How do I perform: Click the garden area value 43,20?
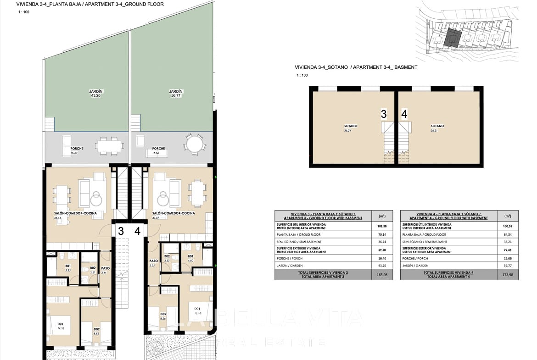click(x=95, y=96)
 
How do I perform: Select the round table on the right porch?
click(x=195, y=144)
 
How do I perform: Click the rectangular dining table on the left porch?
click(x=109, y=146)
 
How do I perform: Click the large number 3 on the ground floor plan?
click(x=121, y=231)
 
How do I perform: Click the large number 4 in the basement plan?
click(x=404, y=114)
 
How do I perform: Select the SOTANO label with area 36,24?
click(x=351, y=126)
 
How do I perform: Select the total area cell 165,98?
click(x=381, y=274)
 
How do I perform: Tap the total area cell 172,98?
click(x=507, y=274)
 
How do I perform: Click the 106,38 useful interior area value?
click(x=381, y=226)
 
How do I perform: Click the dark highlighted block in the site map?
click(x=453, y=38)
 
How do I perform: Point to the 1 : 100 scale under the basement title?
click(x=302, y=75)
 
